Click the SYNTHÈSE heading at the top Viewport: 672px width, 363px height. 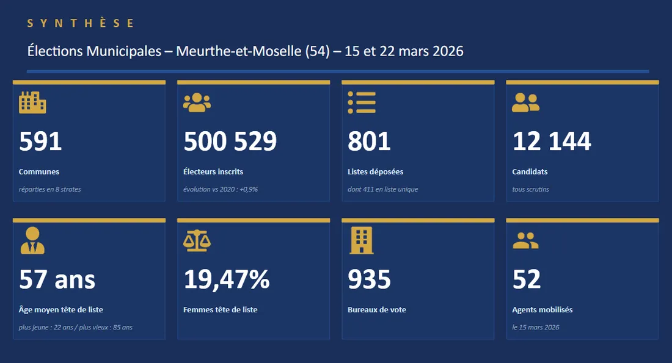[x=81, y=23]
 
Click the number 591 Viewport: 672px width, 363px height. [x=40, y=142]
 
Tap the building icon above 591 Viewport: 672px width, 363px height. [x=32, y=102]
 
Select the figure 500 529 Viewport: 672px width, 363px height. [x=230, y=142]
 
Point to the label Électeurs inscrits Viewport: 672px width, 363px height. [x=213, y=172]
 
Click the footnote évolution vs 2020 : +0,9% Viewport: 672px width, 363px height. [x=221, y=189]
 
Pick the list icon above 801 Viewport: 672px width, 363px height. [x=362, y=102]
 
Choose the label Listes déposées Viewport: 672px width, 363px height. [x=375, y=172]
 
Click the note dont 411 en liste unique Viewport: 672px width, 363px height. [x=382, y=189]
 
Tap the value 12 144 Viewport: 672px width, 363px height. [x=552, y=142]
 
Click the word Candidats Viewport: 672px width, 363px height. [x=530, y=172]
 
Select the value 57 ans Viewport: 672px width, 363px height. [x=57, y=279]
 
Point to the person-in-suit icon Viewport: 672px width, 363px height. [x=32, y=240]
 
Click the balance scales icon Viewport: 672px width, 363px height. [x=197, y=240]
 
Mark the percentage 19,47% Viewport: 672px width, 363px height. [x=227, y=279]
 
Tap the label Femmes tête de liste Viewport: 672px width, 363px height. [x=220, y=310]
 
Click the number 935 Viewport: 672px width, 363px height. [x=369, y=279]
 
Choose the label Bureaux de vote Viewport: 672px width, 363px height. [x=377, y=310]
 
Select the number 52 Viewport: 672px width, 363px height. [x=527, y=279]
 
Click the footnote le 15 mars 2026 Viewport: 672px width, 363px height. [x=536, y=327]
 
